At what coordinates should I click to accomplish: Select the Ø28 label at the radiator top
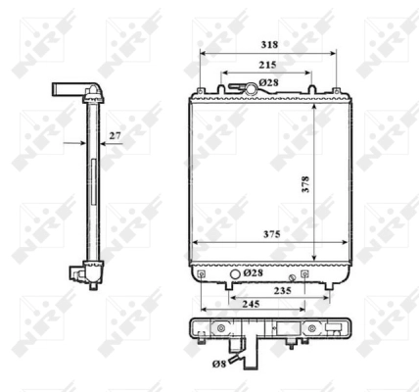[x=269, y=82]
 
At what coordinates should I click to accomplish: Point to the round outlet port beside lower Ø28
[x=232, y=272]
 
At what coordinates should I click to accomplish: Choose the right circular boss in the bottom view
[x=314, y=328]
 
